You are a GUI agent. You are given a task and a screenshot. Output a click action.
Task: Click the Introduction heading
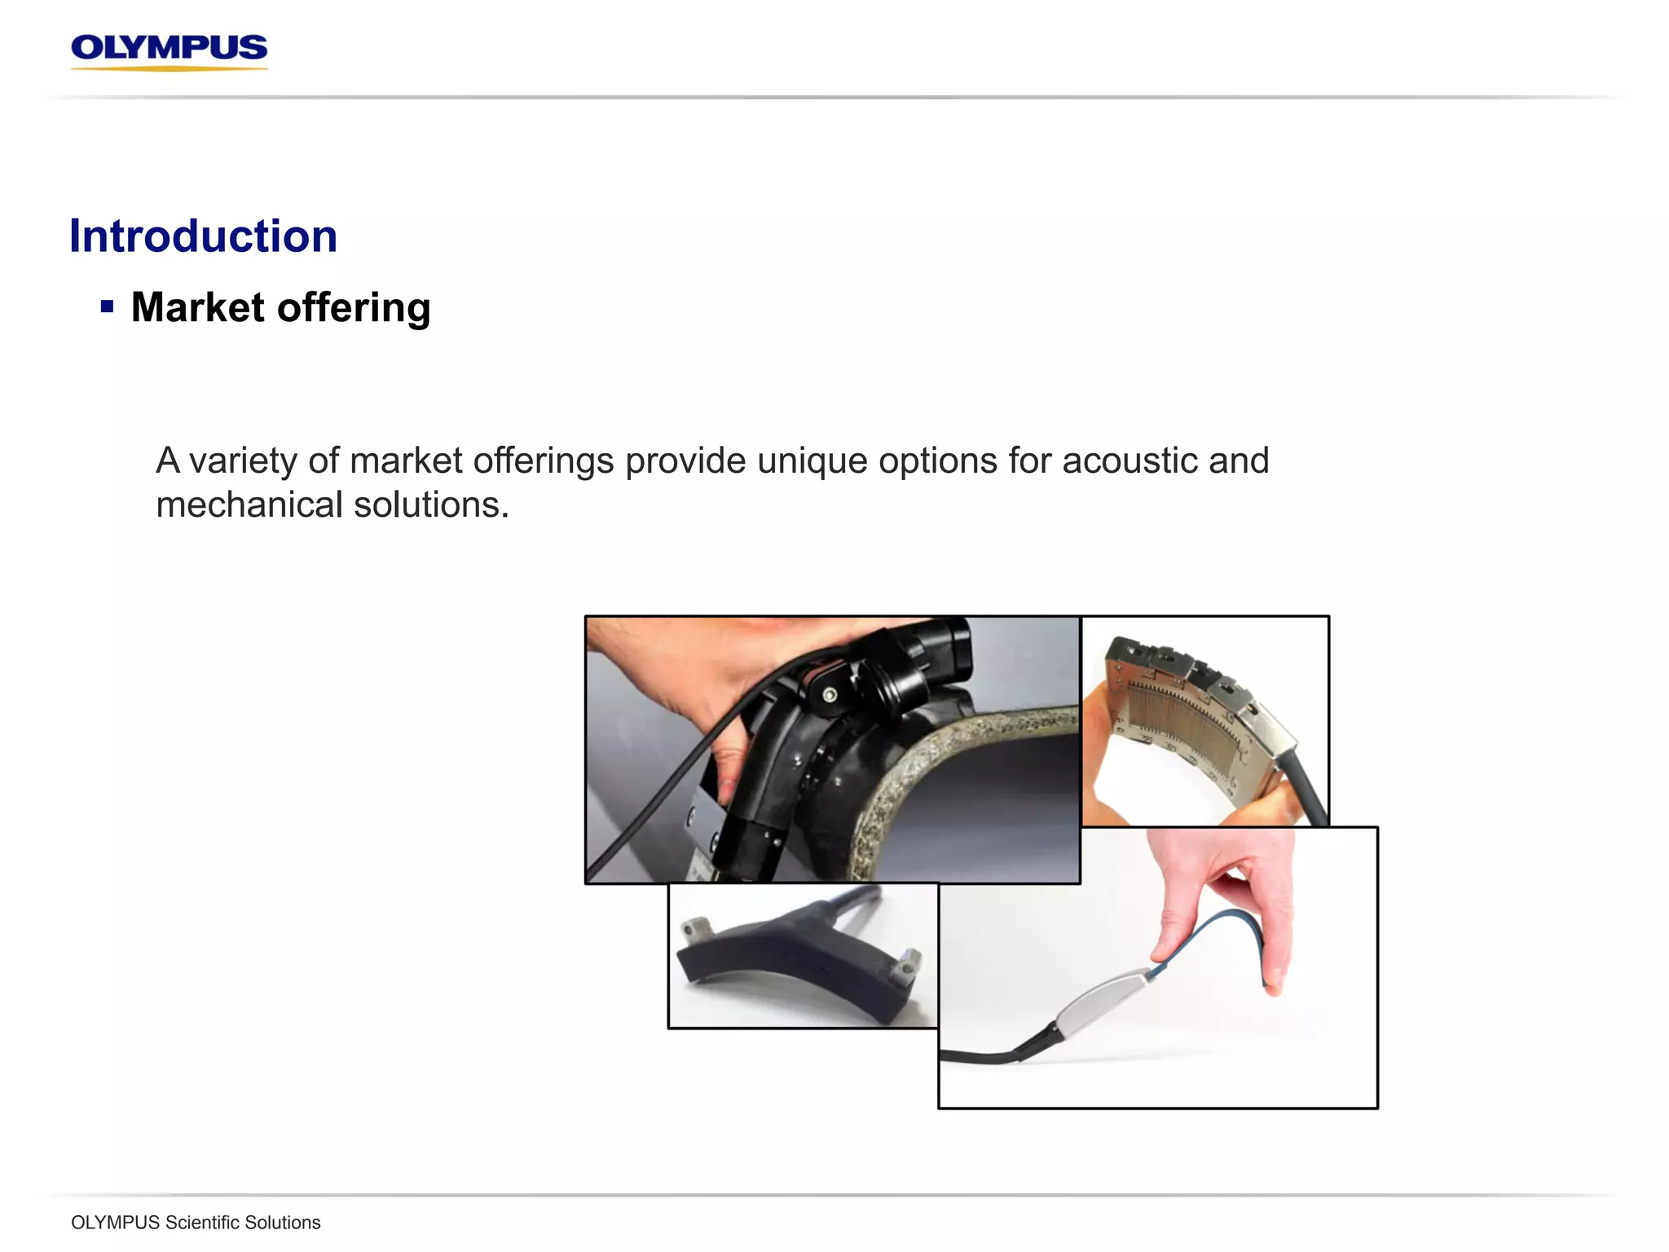point(203,236)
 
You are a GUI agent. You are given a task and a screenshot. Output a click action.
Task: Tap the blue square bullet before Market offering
point(107,307)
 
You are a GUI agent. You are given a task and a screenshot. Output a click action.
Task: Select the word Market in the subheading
point(197,308)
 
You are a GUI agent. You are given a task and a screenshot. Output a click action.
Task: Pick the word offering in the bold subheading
point(354,308)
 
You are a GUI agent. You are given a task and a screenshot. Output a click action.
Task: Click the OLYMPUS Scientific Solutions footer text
point(196,1223)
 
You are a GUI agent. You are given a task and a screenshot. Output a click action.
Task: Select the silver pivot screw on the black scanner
point(830,695)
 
